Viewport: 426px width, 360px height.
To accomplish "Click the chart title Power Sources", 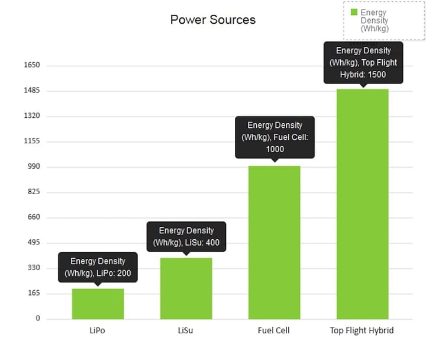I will [213, 20].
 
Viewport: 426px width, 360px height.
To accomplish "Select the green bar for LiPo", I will [98, 304].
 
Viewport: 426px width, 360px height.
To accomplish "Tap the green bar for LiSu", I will [186, 288].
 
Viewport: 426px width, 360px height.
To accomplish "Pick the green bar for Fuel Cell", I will [274, 242].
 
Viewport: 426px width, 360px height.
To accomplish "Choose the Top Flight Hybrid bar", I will [362, 204].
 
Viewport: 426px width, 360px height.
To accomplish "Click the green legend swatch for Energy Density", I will [354, 12].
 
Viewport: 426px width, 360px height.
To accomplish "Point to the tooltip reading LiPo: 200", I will [98, 268].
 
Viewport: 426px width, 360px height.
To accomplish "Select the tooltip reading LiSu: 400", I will [186, 237].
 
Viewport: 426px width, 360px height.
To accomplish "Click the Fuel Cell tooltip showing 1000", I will [274, 137].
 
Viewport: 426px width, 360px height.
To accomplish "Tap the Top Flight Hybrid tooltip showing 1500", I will [363, 62].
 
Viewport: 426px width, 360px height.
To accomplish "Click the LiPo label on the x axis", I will [98, 330].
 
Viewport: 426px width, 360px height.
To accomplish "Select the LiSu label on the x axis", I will [185, 330].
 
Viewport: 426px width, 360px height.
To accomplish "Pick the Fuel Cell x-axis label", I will [274, 330].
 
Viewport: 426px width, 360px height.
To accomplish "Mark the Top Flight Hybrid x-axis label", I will [362, 330].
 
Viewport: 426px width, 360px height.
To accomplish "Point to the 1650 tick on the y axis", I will [31, 65].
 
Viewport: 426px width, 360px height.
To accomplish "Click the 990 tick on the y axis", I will [34, 167].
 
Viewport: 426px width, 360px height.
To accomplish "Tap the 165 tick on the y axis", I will [34, 294].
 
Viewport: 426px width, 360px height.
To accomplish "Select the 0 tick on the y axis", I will [38, 319].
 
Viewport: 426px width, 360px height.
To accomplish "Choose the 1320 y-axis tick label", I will [31, 116].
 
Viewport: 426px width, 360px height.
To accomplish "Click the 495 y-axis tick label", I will [34, 243].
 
